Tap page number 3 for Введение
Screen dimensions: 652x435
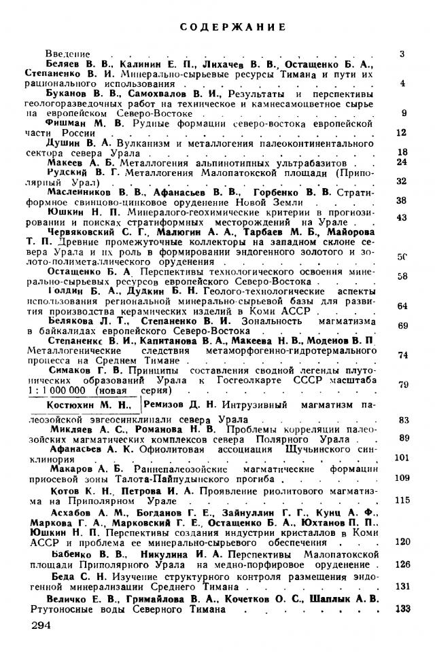point(402,53)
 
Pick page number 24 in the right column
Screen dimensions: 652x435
point(401,162)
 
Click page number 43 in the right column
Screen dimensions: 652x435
point(401,217)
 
